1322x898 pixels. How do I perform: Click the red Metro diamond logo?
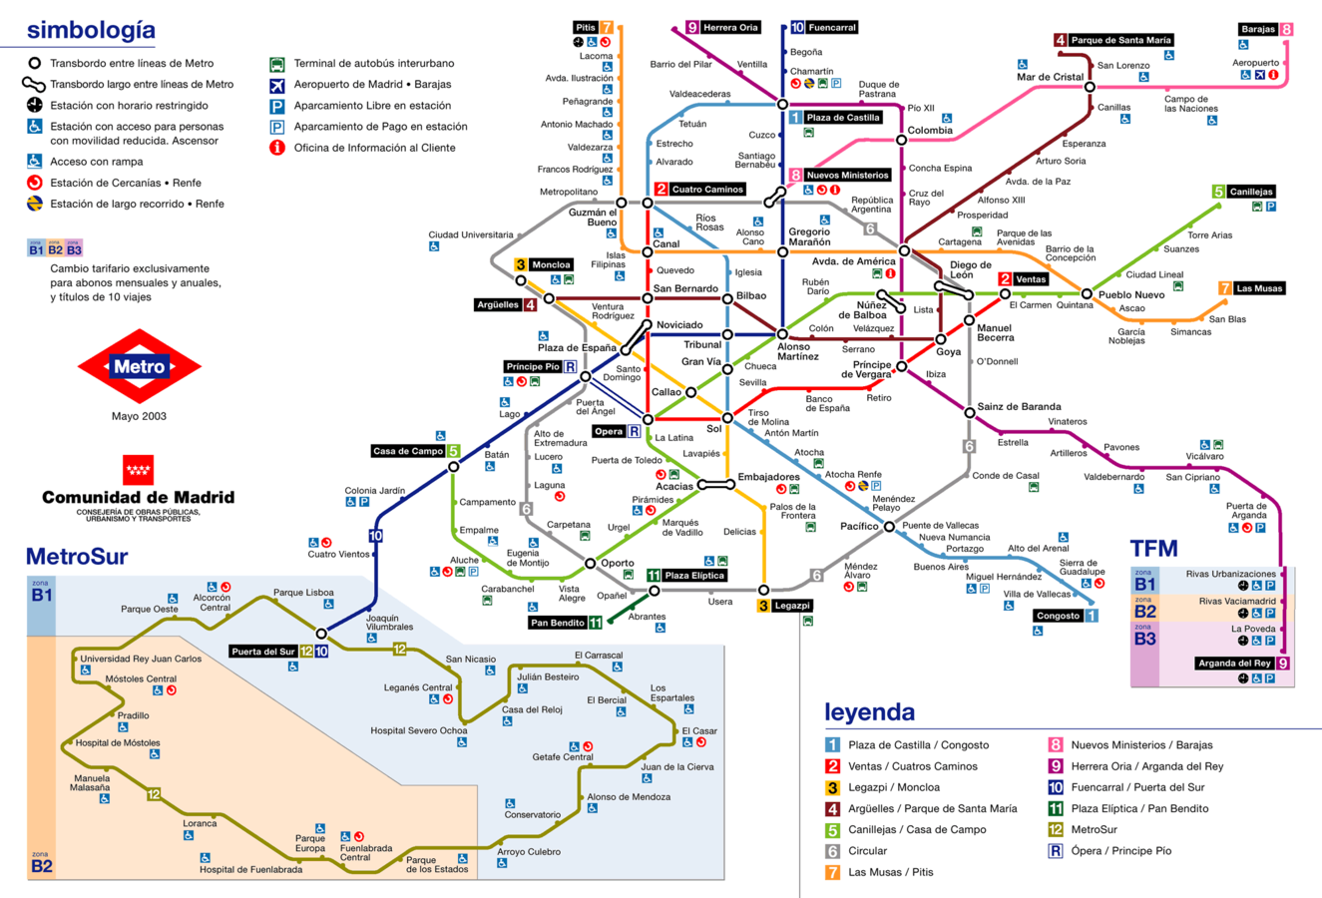pos(139,367)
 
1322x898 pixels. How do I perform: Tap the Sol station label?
pos(713,430)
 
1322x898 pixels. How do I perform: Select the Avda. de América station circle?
pos(904,250)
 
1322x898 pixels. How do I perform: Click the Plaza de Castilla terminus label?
pos(842,118)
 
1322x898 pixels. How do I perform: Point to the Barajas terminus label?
pos(1258,30)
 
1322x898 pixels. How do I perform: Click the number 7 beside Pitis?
pos(607,27)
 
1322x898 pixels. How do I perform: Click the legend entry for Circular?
pos(867,851)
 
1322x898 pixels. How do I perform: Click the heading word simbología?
pos(91,31)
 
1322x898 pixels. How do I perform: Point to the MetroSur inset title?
pos(77,557)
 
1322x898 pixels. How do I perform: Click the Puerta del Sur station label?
pos(263,652)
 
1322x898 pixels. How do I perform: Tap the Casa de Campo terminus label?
pos(408,451)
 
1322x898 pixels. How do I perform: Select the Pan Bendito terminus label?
pos(558,623)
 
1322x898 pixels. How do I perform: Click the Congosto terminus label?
pos(1058,616)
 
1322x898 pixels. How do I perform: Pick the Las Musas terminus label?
pos(1258,288)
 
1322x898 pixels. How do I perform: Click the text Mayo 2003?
pos(139,417)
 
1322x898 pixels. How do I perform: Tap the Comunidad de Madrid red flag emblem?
pos(138,469)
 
